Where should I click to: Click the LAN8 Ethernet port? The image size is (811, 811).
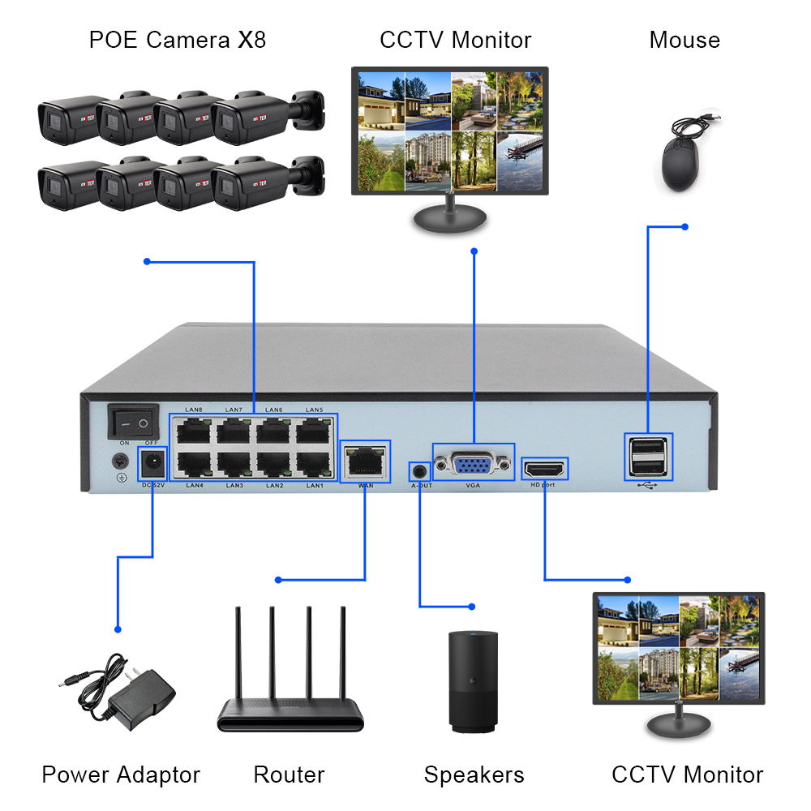tap(194, 431)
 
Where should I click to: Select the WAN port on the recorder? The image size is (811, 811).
tap(365, 461)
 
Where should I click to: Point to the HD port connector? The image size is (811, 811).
tap(544, 469)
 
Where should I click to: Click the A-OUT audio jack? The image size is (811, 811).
tap(419, 470)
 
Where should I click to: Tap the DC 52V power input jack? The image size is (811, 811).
tap(152, 465)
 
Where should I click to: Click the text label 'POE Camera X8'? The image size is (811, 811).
tap(177, 40)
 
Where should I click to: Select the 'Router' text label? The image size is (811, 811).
tap(289, 775)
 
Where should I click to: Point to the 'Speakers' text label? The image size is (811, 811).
tap(474, 775)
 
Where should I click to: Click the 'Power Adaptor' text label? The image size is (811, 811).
tap(121, 775)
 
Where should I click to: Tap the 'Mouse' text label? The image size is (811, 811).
tap(684, 40)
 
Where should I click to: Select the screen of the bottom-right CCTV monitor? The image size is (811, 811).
tap(678, 646)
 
